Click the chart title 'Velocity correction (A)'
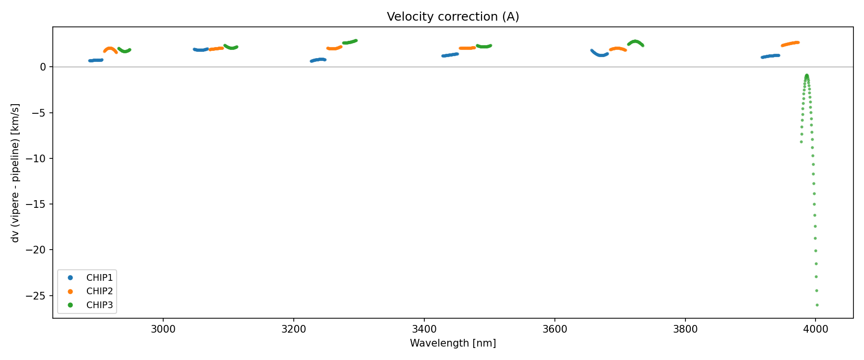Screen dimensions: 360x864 (453, 17)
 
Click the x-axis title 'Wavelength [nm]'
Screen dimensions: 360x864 (453, 343)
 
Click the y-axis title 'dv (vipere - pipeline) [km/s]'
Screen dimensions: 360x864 (15, 173)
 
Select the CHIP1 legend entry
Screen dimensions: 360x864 (99, 278)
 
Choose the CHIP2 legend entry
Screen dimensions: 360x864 (99, 291)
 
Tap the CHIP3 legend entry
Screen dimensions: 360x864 (99, 305)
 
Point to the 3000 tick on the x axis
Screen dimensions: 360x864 (163, 329)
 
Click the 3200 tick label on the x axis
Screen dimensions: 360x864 (294, 329)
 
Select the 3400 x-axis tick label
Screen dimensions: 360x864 (424, 329)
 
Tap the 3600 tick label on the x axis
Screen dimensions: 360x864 (554, 329)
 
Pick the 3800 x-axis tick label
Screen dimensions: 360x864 (685, 329)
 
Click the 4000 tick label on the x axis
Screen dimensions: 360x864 (816, 329)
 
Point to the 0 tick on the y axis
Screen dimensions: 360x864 (43, 67)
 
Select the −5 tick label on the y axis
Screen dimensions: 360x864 (40, 113)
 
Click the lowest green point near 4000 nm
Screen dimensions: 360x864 (817, 305)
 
